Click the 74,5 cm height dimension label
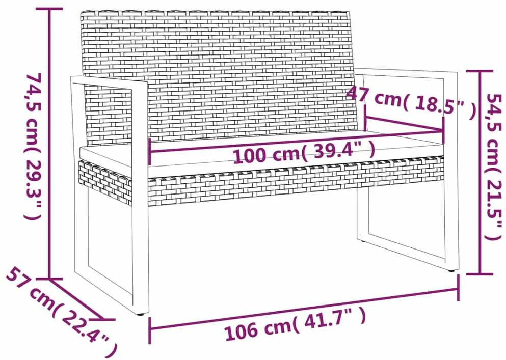tap(34, 146)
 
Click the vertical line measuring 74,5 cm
tap(50, 144)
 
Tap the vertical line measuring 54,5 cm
tap(480, 173)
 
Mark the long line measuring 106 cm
tap(304, 309)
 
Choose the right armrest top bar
tap(407, 73)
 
